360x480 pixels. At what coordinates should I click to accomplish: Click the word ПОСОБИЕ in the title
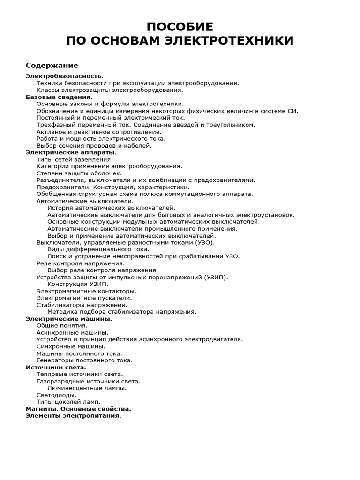tap(180, 26)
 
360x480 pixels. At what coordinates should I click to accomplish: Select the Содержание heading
tap(52, 65)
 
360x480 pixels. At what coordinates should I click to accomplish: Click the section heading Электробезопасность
tap(64, 76)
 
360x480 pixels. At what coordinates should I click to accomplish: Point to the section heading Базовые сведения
tap(59, 97)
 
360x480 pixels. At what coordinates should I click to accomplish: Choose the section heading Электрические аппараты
tap(71, 152)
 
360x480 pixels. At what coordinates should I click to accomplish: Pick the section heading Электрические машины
tap(68, 319)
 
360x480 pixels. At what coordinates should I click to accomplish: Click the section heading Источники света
tap(56, 367)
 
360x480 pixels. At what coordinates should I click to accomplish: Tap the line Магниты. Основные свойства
tap(78, 409)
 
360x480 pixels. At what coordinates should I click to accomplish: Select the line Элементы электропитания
tap(73, 416)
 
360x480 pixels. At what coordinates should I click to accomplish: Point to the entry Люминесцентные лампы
tap(87, 388)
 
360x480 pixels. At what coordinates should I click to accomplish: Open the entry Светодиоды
tap(56, 395)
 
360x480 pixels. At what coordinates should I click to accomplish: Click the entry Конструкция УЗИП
tap(78, 284)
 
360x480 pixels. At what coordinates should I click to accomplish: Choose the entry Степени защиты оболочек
tap(79, 173)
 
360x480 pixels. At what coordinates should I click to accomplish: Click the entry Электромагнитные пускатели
tap(84, 298)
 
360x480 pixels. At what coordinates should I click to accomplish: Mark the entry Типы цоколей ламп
tap(68, 402)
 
